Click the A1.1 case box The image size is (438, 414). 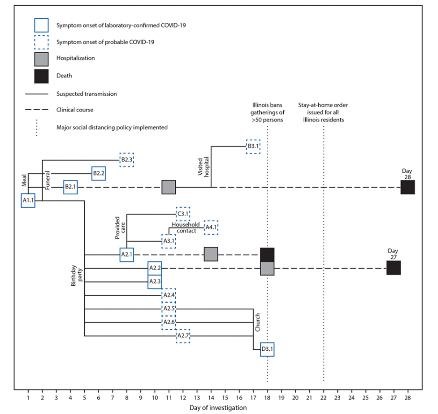pos(28,201)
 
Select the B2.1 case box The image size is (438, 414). pos(70,187)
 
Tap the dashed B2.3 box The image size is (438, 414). pos(127,159)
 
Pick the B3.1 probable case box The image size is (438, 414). pos(253,146)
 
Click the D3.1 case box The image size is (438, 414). pos(267,350)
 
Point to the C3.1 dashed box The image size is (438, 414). pos(183,214)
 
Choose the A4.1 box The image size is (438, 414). pos(211,227)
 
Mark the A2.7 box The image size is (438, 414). pos(183,336)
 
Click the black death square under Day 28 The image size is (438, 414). pos(408,187)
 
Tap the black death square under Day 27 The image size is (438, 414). pos(393,268)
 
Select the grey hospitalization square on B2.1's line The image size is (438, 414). pos(169,187)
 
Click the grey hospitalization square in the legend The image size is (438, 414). pos(41,58)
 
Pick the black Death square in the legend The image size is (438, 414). pos(41,76)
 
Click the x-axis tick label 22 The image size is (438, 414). pos(323,397)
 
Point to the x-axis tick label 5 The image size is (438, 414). pos(84,397)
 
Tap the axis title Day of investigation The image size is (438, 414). pos(218,408)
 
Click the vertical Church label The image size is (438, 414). pos(258,322)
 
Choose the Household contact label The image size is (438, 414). pos(184,227)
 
